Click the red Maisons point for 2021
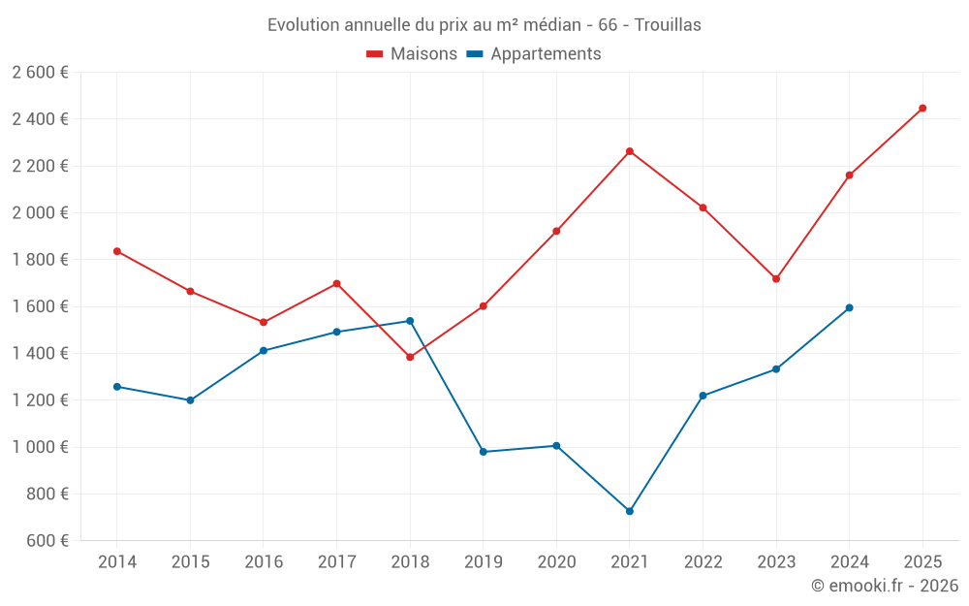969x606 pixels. click(x=630, y=151)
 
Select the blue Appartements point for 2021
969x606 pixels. click(x=630, y=511)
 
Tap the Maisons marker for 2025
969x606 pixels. click(x=922, y=108)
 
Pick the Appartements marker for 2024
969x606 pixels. click(x=850, y=307)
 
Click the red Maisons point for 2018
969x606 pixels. click(x=410, y=357)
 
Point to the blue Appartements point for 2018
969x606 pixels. click(x=410, y=321)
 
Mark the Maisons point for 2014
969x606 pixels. click(x=117, y=251)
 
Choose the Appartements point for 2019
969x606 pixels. click(x=484, y=452)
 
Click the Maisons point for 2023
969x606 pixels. click(x=776, y=278)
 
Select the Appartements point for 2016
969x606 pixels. click(x=264, y=350)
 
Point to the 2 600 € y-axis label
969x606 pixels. click(x=41, y=72)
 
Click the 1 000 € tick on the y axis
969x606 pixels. click(x=41, y=447)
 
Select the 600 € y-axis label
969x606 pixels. click(x=47, y=540)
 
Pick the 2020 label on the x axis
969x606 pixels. click(x=556, y=561)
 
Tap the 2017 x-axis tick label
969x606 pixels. click(x=336, y=561)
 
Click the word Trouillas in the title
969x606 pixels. click(x=668, y=24)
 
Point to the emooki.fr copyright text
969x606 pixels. click(x=884, y=586)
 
